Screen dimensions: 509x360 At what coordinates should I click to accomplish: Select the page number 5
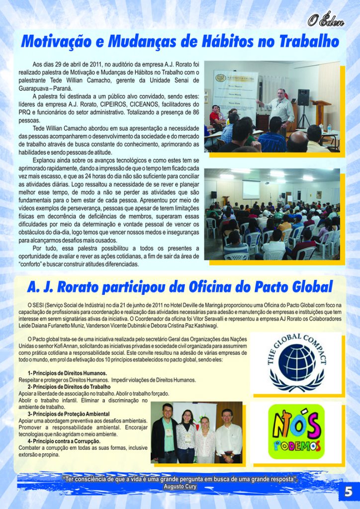coord(349,493)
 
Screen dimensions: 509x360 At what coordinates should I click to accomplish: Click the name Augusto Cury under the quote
coord(180,487)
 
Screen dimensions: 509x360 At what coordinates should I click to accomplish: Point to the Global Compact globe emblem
coord(297,362)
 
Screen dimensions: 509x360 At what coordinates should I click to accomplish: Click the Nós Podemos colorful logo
coord(296,431)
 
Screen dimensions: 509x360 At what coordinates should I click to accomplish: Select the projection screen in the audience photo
coord(251,189)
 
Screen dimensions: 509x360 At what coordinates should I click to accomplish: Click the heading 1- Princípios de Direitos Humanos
coord(67,373)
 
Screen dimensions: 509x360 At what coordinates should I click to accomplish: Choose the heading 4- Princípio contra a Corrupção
coord(64,441)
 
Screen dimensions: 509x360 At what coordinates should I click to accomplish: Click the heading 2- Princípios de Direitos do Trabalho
coord(69,386)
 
